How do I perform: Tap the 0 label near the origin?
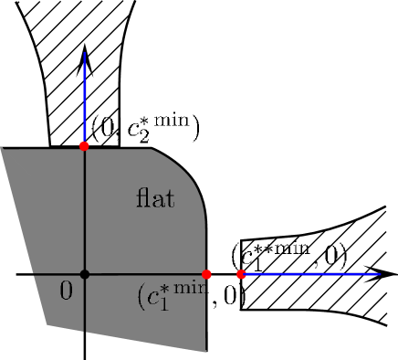66,291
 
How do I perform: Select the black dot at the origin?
84,274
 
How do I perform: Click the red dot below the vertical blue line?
84,146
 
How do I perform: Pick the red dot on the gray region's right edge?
207,274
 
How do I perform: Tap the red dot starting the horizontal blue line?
241,274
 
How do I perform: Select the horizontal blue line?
310,274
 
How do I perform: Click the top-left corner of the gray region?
3,149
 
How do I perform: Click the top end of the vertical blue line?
84,53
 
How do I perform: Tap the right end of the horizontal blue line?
379,274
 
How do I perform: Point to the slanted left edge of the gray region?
25,236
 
